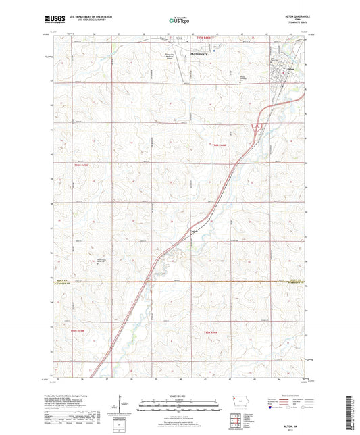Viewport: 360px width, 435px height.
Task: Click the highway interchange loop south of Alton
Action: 257,126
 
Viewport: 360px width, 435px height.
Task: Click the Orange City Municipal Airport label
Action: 174,57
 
